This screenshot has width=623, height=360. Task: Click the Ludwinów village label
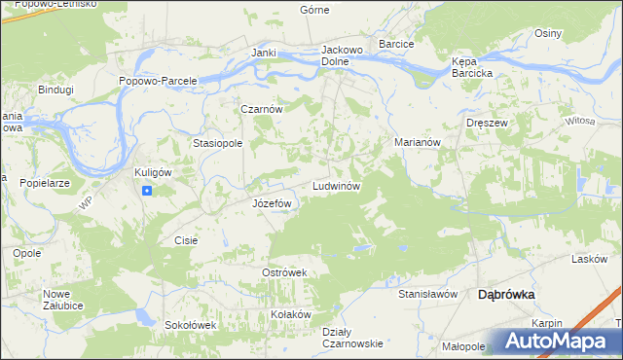[x=337, y=185]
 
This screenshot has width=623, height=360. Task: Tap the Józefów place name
[x=272, y=203]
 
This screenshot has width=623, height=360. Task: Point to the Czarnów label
[x=262, y=110]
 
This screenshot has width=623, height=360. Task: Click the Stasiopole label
[x=217, y=143]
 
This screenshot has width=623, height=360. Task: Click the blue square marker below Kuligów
[x=146, y=191]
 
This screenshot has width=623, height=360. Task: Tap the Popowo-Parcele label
[x=158, y=81]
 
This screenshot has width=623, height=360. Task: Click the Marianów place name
[x=419, y=141]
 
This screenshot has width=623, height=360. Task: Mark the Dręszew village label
[x=488, y=124]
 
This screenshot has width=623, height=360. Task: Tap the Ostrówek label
[x=284, y=272]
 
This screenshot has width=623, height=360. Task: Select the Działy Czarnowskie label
[x=351, y=337]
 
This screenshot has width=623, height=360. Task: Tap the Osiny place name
[x=548, y=33]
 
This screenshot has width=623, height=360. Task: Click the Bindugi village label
[x=55, y=89]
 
